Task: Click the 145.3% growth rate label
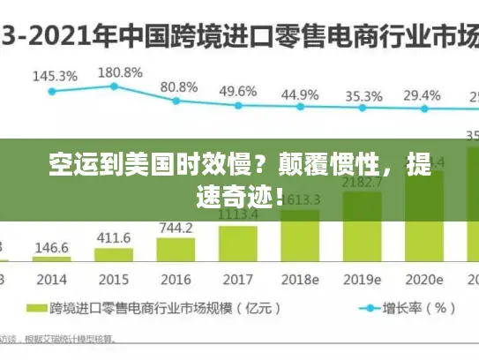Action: (55, 76)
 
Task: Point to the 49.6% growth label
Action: (238, 91)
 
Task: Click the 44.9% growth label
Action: (300, 94)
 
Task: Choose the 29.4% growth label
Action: (422, 95)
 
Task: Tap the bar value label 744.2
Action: (176, 228)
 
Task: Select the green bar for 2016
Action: (176, 251)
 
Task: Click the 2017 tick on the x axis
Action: (236, 279)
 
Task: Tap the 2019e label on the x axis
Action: (362, 279)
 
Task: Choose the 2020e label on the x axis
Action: (423, 279)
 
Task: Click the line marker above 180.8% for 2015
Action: (114, 86)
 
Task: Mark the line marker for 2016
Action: (176, 100)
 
